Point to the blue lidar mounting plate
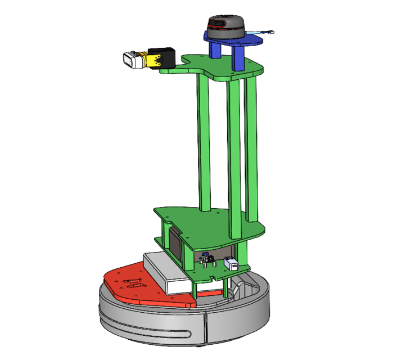tap(247, 41)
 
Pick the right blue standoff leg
tap(237, 58)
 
